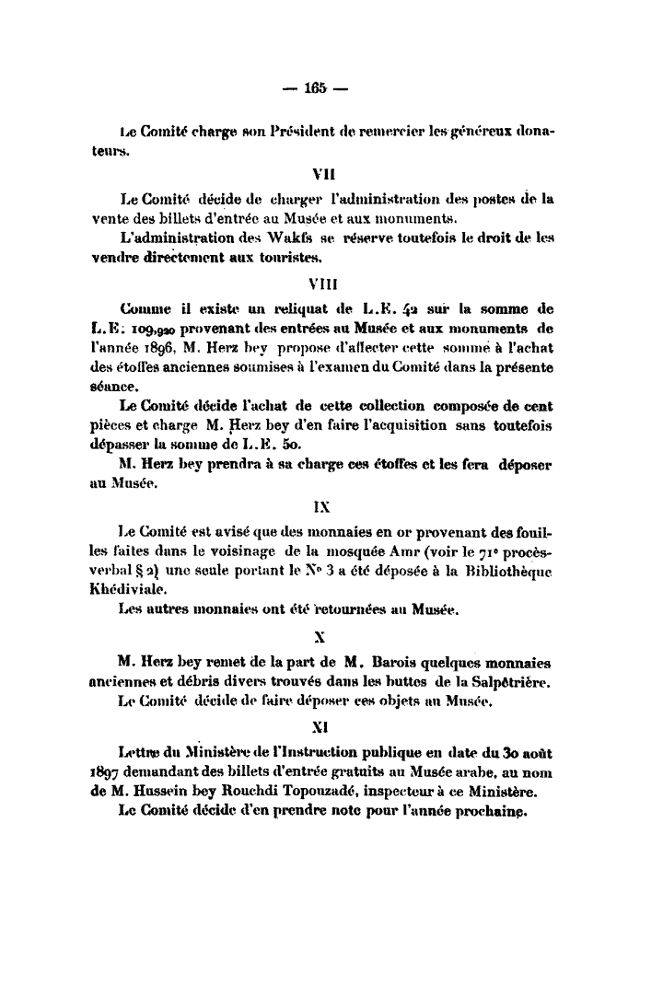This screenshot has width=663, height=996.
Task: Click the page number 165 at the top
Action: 317,88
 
